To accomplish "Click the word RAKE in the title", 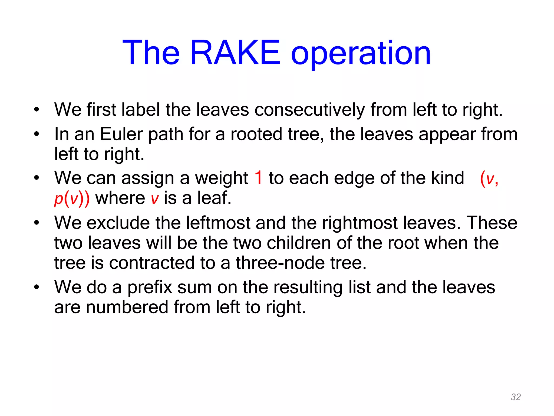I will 235,53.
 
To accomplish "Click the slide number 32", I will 516,397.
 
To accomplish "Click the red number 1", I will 259,178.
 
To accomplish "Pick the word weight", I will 222,179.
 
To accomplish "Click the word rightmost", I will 360,223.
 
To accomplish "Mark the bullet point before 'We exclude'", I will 37,223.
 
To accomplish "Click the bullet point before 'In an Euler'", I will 37,134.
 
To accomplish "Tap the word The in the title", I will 151,53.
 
